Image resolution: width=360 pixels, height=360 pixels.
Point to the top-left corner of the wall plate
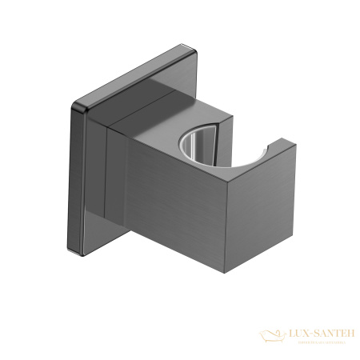(75, 105)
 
